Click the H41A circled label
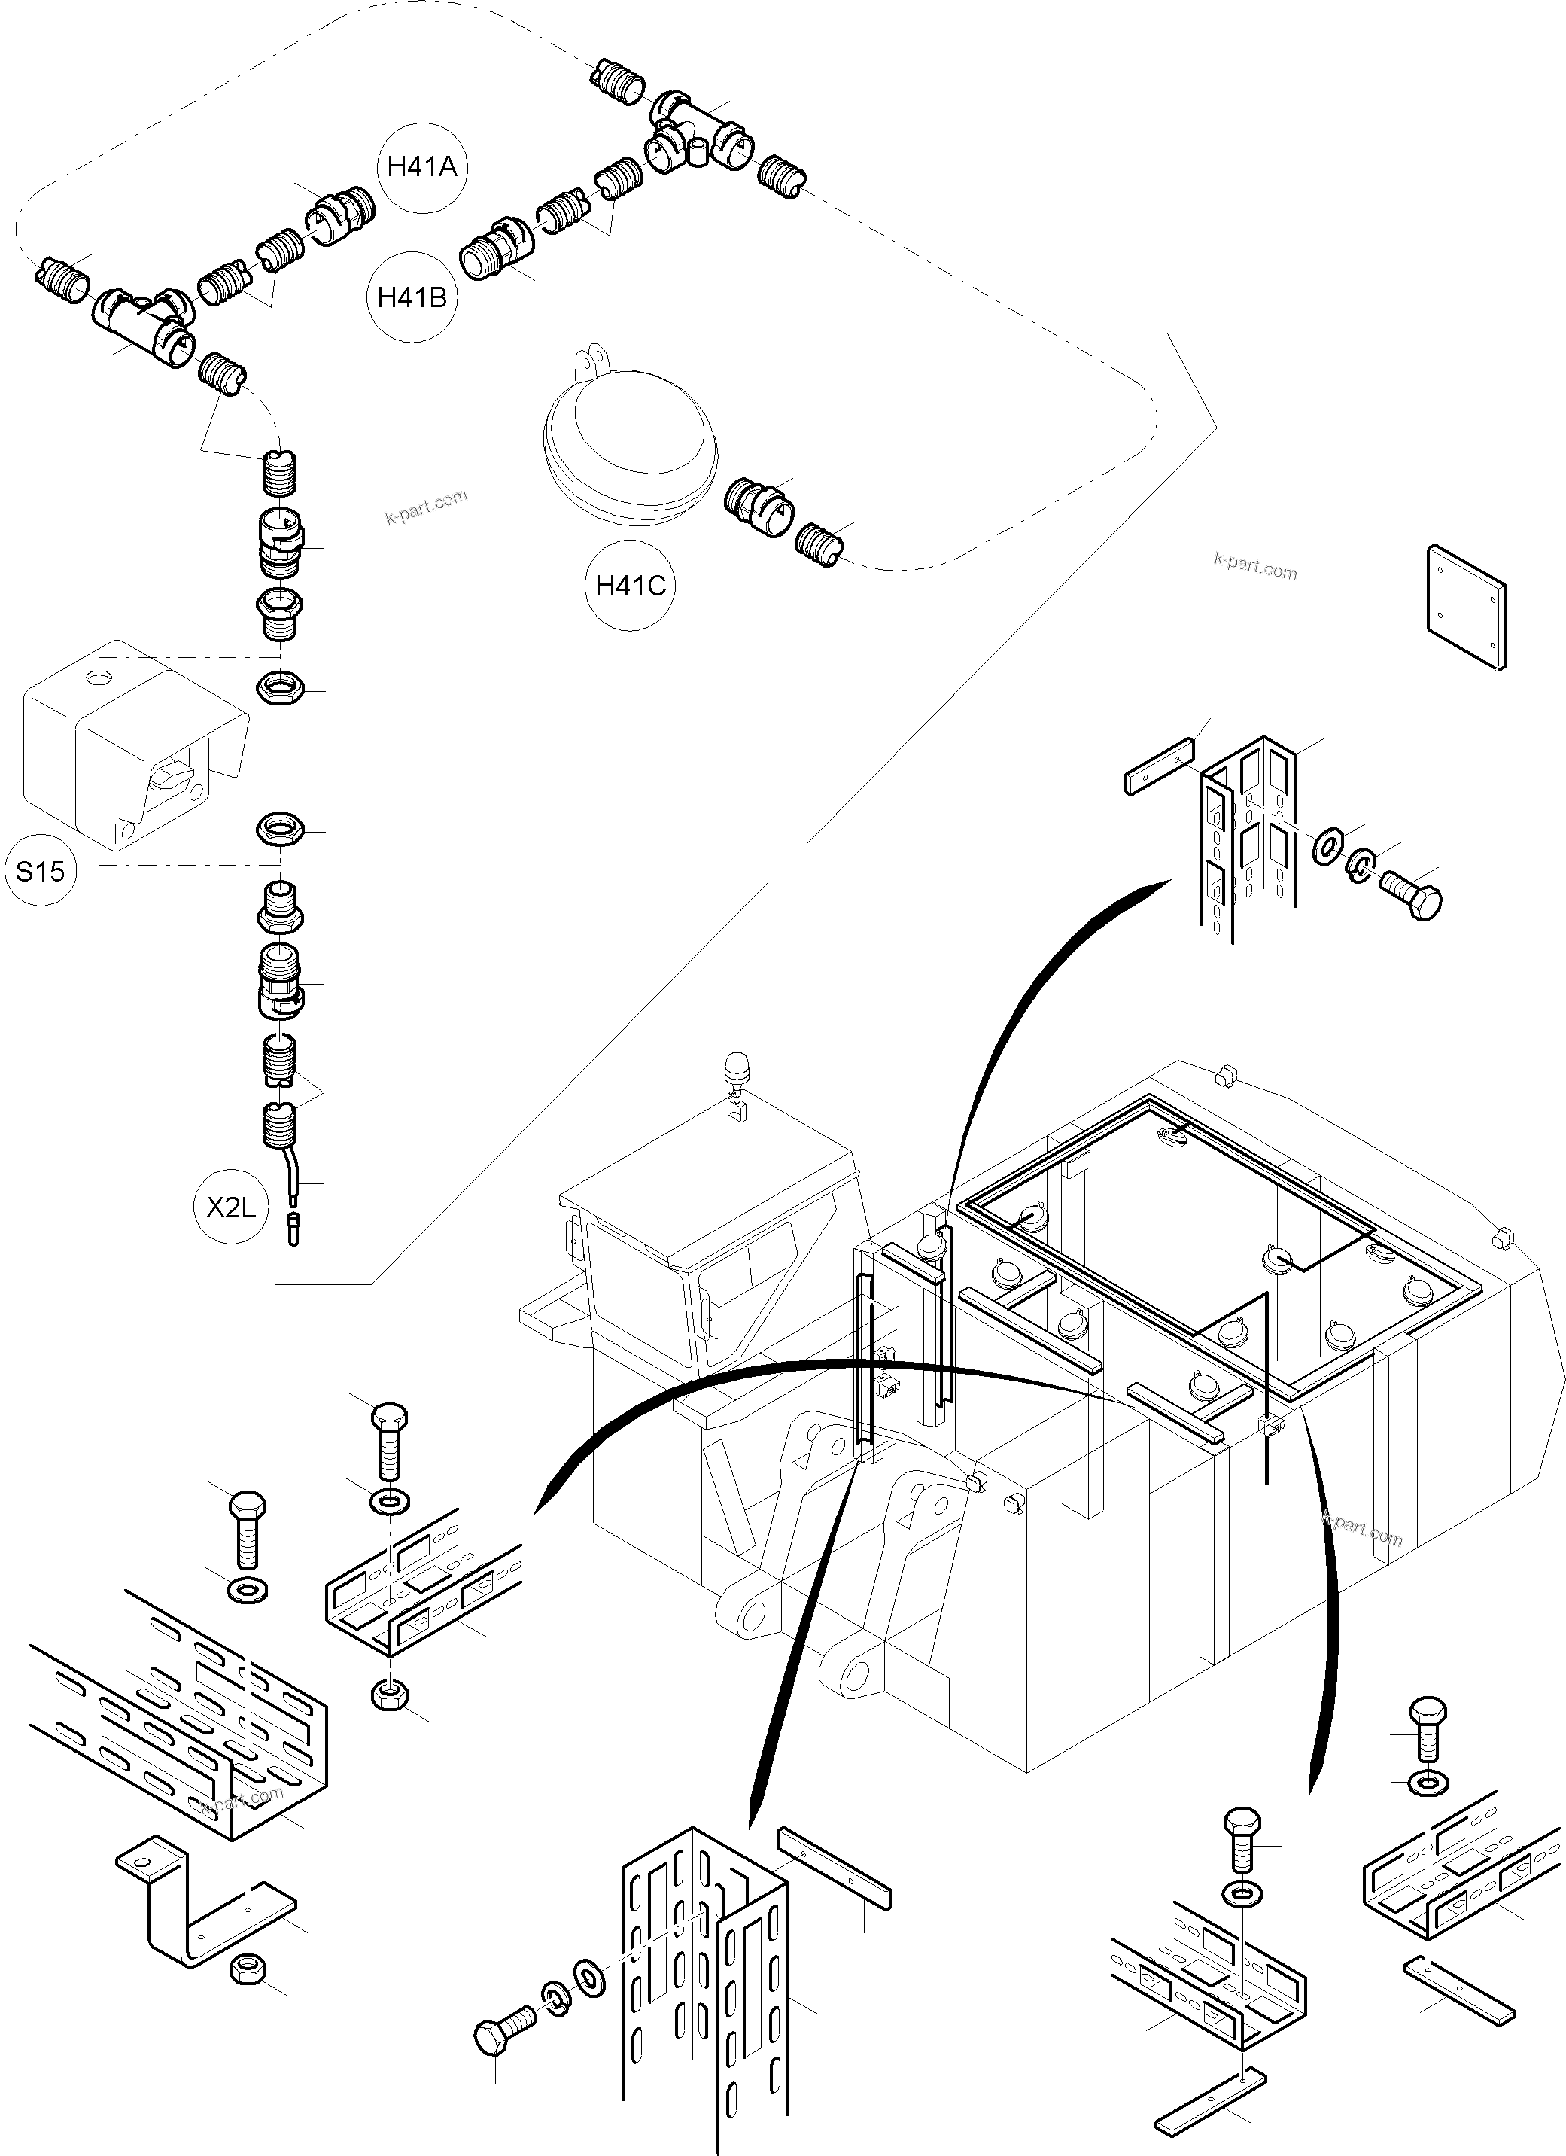point(422,167)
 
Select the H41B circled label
point(412,297)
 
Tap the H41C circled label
point(630,586)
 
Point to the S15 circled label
point(40,871)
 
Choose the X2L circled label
point(232,1207)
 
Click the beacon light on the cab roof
point(737,1070)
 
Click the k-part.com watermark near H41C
point(1255,567)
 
